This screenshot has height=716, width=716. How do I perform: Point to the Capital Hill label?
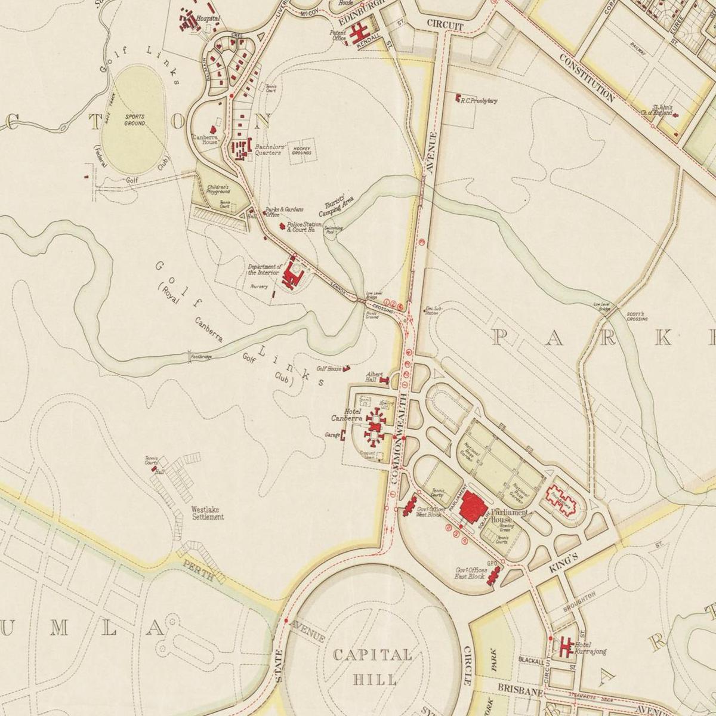[372, 667]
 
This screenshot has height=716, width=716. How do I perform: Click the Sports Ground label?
[135, 120]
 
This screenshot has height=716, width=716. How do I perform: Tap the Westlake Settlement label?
[208, 513]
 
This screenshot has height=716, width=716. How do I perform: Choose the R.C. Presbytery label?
[479, 101]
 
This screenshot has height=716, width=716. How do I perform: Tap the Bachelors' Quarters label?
[268, 149]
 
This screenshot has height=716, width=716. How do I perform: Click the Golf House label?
[329, 369]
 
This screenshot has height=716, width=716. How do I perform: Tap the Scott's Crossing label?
[637, 316]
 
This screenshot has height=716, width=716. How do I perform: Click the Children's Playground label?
[218, 189]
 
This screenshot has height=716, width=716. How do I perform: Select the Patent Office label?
[339, 35]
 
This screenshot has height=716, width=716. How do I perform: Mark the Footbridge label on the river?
[201, 357]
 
